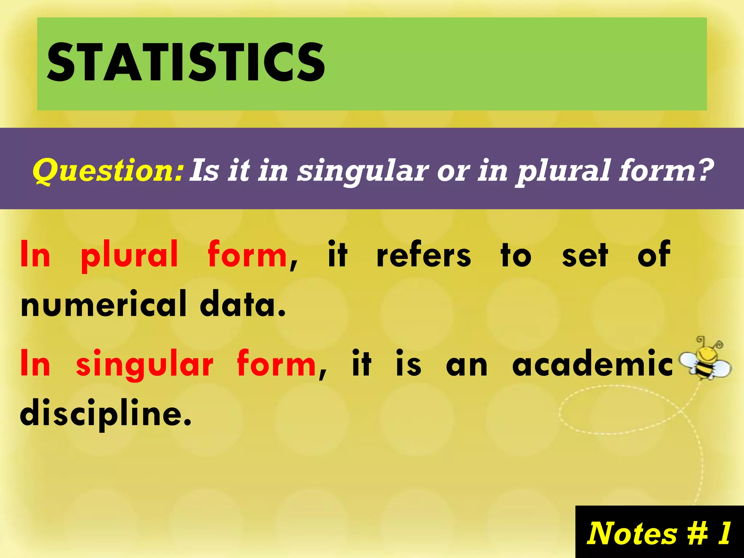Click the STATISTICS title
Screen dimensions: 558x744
(186, 62)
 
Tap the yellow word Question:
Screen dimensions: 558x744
(108, 171)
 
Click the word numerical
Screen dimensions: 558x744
(104, 304)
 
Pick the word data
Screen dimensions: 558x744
(243, 304)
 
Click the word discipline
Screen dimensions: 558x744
(105, 413)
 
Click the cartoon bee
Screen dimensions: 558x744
(705, 363)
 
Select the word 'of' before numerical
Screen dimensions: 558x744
(654, 254)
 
